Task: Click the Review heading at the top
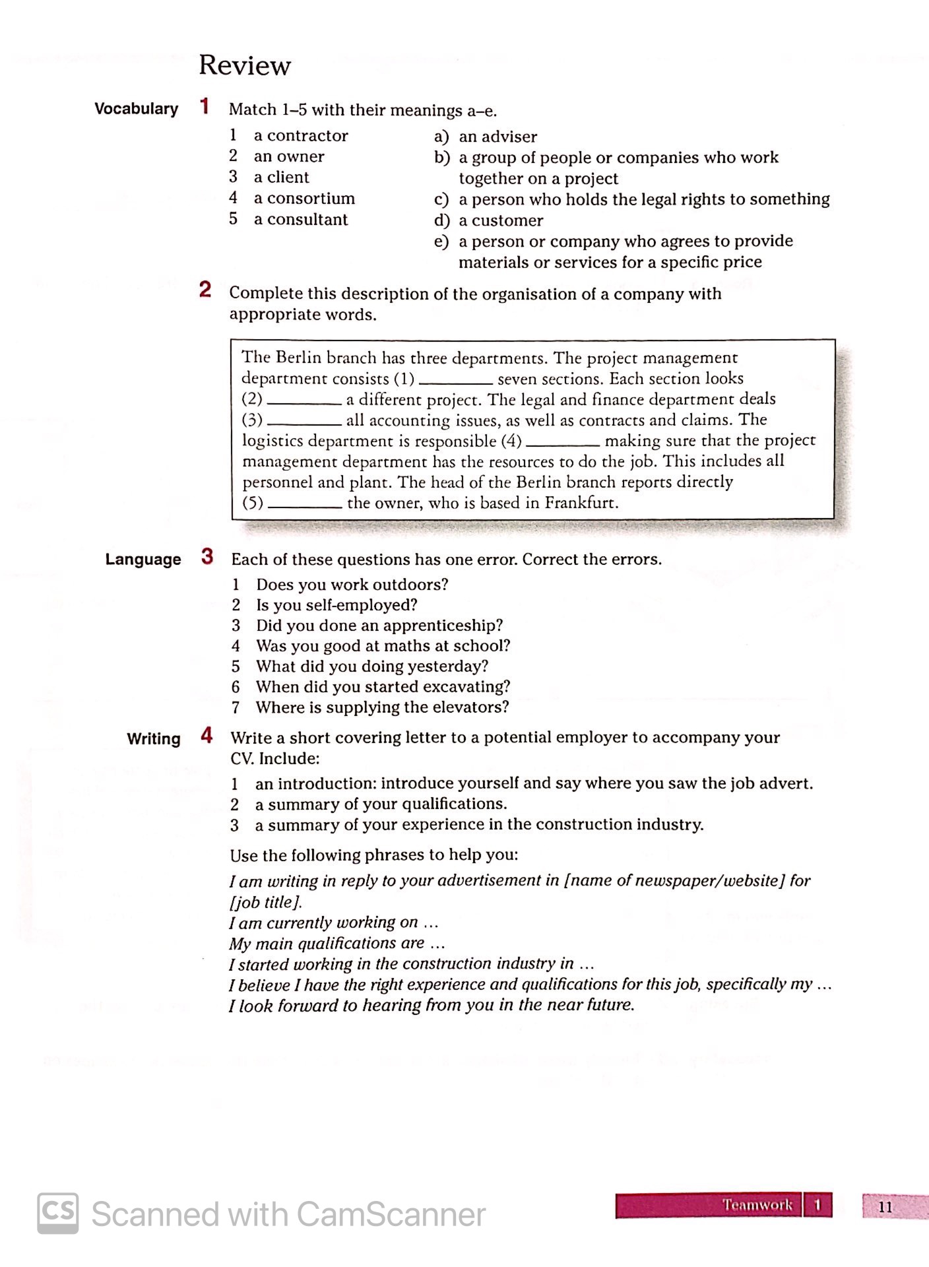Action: [244, 65]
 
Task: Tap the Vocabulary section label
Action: [136, 109]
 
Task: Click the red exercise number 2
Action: [205, 290]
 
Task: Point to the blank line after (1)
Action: [455, 382]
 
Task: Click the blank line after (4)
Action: [562, 444]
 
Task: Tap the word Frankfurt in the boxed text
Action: [580, 504]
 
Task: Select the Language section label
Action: [143, 560]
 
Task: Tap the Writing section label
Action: [153, 739]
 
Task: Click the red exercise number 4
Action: [207, 736]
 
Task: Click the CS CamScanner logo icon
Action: [57, 1213]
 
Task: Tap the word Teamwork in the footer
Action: [757, 1205]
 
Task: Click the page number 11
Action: [885, 1207]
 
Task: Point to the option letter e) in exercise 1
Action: [441, 242]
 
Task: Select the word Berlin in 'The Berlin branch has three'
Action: [298, 358]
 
